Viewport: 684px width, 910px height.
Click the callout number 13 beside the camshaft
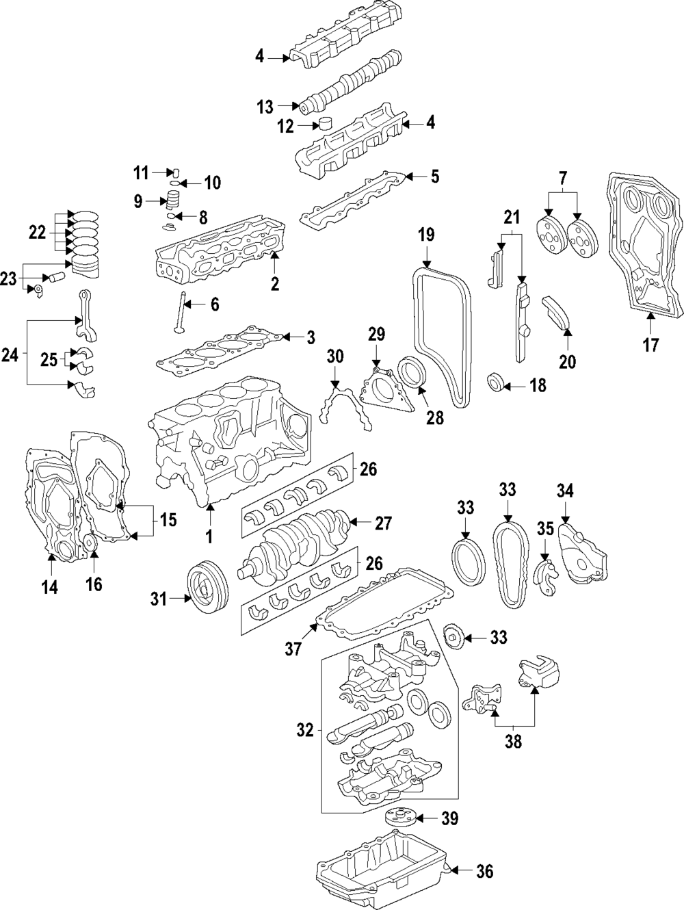(265, 107)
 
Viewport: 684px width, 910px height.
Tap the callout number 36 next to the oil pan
(485, 871)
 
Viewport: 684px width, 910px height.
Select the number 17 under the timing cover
(650, 345)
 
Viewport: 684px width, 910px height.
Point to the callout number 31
(158, 599)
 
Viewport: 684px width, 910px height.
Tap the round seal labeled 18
(495, 381)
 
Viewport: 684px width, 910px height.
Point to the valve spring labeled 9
(174, 201)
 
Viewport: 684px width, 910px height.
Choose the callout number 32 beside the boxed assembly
(305, 730)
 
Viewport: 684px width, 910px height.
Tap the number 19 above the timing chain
(426, 235)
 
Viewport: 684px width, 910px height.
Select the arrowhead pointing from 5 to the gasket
(408, 177)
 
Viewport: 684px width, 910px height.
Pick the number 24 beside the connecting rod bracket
(10, 354)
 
